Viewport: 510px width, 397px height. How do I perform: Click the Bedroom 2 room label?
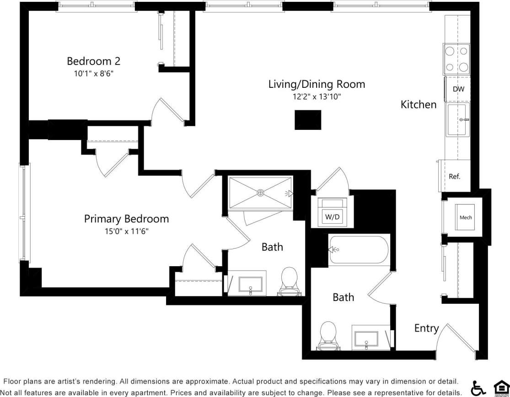pos(93,61)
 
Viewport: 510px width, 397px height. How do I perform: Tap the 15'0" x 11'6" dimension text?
pos(126,231)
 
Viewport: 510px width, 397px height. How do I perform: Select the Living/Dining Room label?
pos(317,84)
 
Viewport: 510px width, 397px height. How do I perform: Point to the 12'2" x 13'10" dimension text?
pos(317,97)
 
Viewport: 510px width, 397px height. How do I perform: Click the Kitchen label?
pos(419,105)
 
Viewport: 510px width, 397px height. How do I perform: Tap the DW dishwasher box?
pos(458,89)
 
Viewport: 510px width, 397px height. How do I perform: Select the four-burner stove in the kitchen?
pos(456,59)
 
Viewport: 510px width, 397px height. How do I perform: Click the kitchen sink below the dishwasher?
pos(457,119)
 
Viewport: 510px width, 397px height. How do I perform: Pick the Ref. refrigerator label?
pos(454,176)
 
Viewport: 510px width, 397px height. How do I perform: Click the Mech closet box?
pos(466,217)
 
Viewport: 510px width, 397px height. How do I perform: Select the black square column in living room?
pos(307,120)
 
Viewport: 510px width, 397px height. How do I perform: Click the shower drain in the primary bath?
pos(260,193)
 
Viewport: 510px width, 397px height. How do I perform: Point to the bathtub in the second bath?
pos(359,249)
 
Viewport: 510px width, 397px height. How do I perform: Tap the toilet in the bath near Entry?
pos(327,334)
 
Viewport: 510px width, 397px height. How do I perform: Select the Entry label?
pos(426,328)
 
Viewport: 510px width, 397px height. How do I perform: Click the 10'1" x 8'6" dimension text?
pos(93,73)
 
